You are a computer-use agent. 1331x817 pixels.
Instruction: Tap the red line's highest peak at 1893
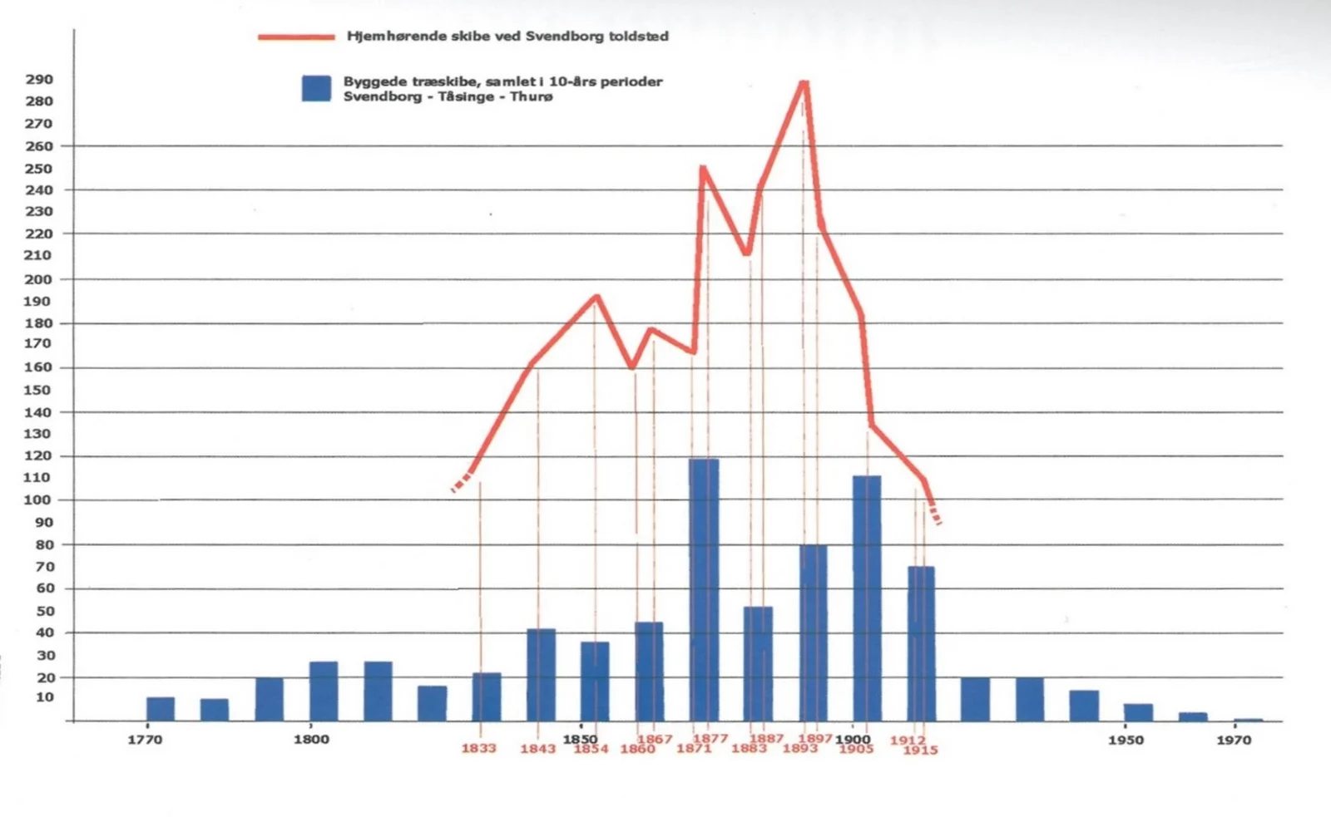[804, 81]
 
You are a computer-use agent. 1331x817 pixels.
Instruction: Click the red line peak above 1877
[704, 169]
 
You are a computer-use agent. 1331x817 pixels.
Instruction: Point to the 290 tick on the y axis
[39, 80]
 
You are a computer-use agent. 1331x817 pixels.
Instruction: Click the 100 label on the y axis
[38, 500]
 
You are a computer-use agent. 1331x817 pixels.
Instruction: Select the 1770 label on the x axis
[145, 740]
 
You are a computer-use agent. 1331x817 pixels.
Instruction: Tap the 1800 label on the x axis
[311, 739]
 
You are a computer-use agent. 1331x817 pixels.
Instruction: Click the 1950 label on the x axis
[1125, 740]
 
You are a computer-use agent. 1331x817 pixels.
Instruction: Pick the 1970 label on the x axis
[1233, 740]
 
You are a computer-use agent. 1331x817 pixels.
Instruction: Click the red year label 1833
[478, 749]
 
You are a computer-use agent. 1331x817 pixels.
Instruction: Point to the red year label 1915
[920, 751]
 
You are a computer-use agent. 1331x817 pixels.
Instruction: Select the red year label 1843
[537, 749]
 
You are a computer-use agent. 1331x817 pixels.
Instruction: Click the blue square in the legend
[316, 88]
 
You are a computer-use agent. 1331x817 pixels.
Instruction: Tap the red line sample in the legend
[296, 37]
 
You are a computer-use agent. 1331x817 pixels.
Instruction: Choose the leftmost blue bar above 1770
[161, 709]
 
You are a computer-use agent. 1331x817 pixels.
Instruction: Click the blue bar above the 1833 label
[487, 696]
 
